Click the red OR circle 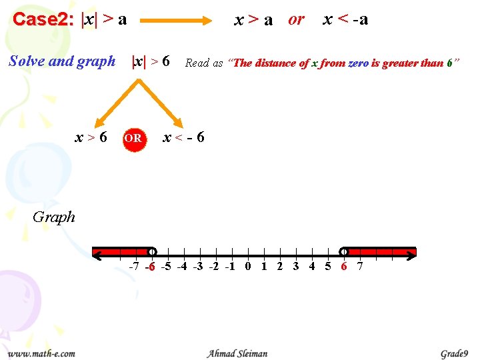click(133, 139)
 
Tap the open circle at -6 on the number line click(152, 252)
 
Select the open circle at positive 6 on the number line click(343, 252)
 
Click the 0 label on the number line click(248, 267)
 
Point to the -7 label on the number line click(134, 267)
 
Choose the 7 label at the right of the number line click(360, 267)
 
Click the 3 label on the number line click(295, 267)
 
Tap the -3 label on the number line click(198, 267)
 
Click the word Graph click(54, 217)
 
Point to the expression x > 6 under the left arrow click(91, 138)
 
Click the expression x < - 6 click(184, 138)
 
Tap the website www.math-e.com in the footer click(41, 353)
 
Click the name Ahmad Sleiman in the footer click(237, 353)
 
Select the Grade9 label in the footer click(454, 353)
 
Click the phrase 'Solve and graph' click(62, 61)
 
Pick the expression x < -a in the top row click(345, 19)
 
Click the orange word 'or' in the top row click(296, 19)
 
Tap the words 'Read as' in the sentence click(204, 63)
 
